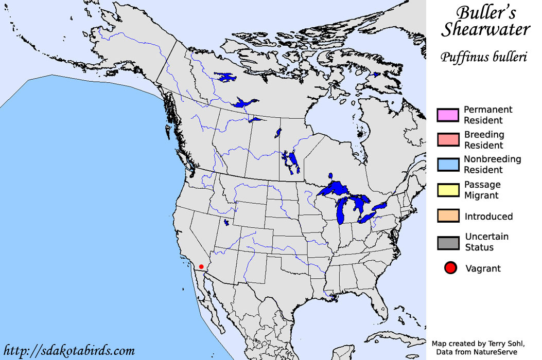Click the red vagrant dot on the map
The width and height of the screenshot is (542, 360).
[x=201, y=267]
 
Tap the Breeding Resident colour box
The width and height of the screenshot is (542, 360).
[x=448, y=140]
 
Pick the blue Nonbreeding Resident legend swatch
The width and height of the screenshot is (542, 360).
[x=448, y=165]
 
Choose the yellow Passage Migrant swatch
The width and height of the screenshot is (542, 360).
[x=448, y=190]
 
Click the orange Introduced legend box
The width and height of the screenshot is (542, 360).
[x=448, y=217]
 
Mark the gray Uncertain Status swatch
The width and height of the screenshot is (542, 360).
[x=448, y=242]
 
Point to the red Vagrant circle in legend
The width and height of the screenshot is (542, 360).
[x=451, y=268]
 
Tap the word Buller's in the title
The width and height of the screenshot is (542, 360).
[x=485, y=12]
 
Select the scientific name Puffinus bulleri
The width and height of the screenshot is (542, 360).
[x=484, y=57]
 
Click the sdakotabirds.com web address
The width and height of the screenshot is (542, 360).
[x=69, y=351]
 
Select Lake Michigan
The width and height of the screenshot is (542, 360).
[x=341, y=211]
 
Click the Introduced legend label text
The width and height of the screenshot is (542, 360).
[x=488, y=217]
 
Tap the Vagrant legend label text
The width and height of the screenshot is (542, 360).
[x=483, y=268]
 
